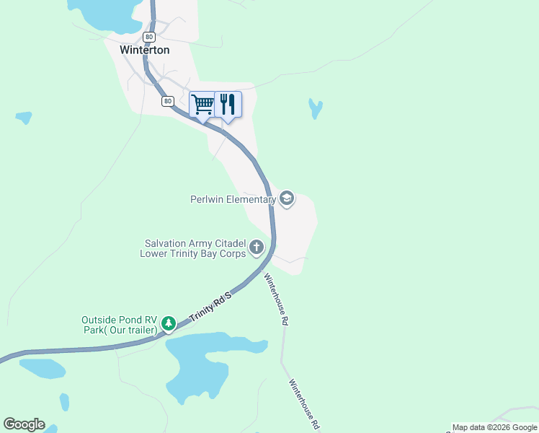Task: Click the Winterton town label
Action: [x=145, y=51]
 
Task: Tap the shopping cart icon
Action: [x=202, y=104]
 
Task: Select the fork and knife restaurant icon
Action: [x=228, y=104]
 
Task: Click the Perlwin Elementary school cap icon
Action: [x=287, y=199]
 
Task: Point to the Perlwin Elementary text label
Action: [x=233, y=199]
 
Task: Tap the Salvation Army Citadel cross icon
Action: [x=257, y=248]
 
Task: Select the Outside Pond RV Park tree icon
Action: [x=168, y=323]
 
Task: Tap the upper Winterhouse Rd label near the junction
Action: [x=276, y=298]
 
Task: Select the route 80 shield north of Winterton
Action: [x=148, y=36]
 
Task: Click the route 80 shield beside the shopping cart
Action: [x=168, y=102]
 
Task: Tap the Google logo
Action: [x=24, y=424]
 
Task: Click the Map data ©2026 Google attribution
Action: [x=495, y=427]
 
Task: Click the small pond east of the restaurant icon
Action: [x=315, y=108]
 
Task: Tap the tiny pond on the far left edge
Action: [x=24, y=116]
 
